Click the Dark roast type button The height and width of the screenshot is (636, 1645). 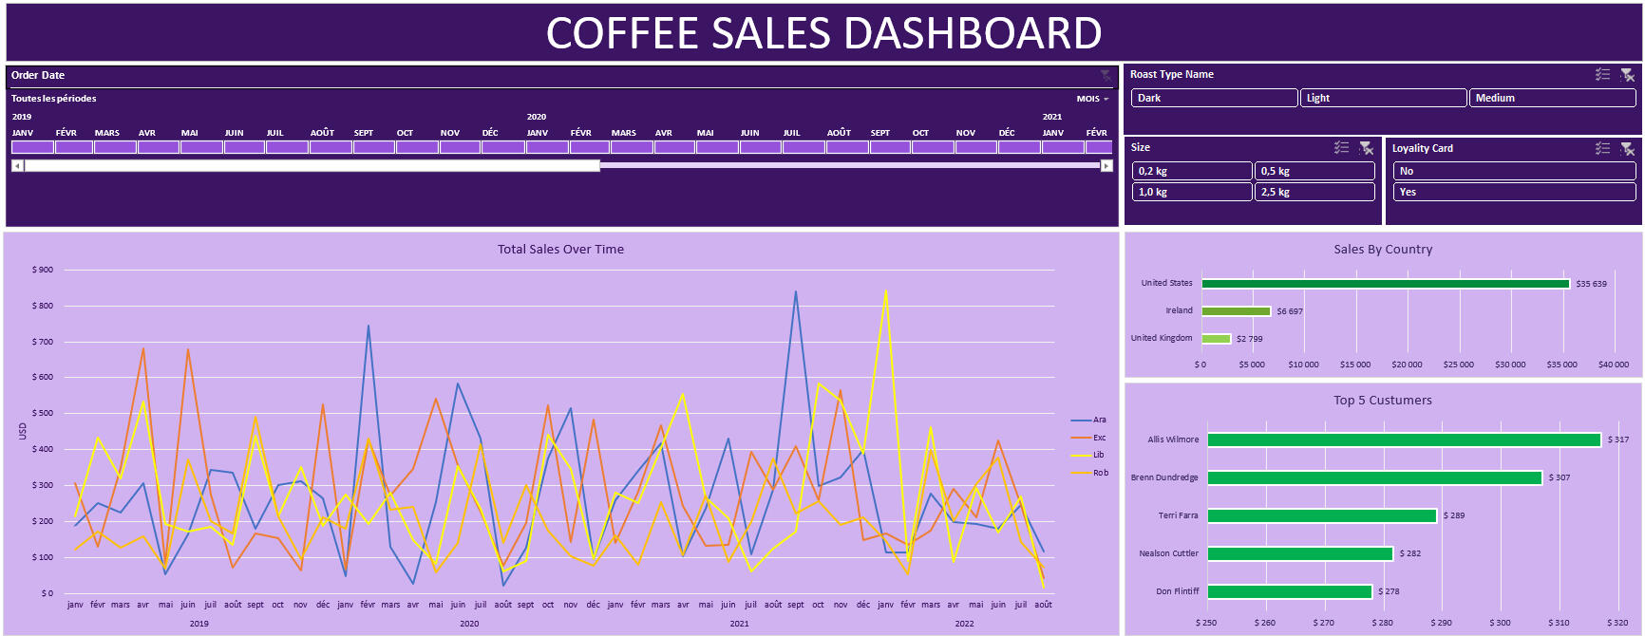[1214, 98]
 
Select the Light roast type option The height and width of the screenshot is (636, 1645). [1383, 98]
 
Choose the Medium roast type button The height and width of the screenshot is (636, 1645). [1552, 98]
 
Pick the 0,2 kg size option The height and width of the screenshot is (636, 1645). [1192, 171]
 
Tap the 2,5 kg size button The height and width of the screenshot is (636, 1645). [1314, 192]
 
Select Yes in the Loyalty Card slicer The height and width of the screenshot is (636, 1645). [1514, 192]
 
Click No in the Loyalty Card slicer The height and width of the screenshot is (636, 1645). [1514, 171]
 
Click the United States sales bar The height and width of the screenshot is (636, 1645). [1386, 284]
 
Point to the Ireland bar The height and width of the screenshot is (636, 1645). [1236, 311]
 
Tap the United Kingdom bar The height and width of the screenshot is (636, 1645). [1216, 339]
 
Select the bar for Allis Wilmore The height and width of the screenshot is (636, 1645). [1404, 440]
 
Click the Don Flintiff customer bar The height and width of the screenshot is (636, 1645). [1290, 591]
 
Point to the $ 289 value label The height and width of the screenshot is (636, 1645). [1454, 515]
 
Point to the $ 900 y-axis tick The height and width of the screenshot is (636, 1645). [43, 270]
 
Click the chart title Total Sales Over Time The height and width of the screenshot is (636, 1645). [560, 250]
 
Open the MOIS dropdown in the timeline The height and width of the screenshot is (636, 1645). [1092, 99]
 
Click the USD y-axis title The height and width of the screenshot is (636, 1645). [23, 431]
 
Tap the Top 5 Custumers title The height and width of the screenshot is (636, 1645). [1382, 401]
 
